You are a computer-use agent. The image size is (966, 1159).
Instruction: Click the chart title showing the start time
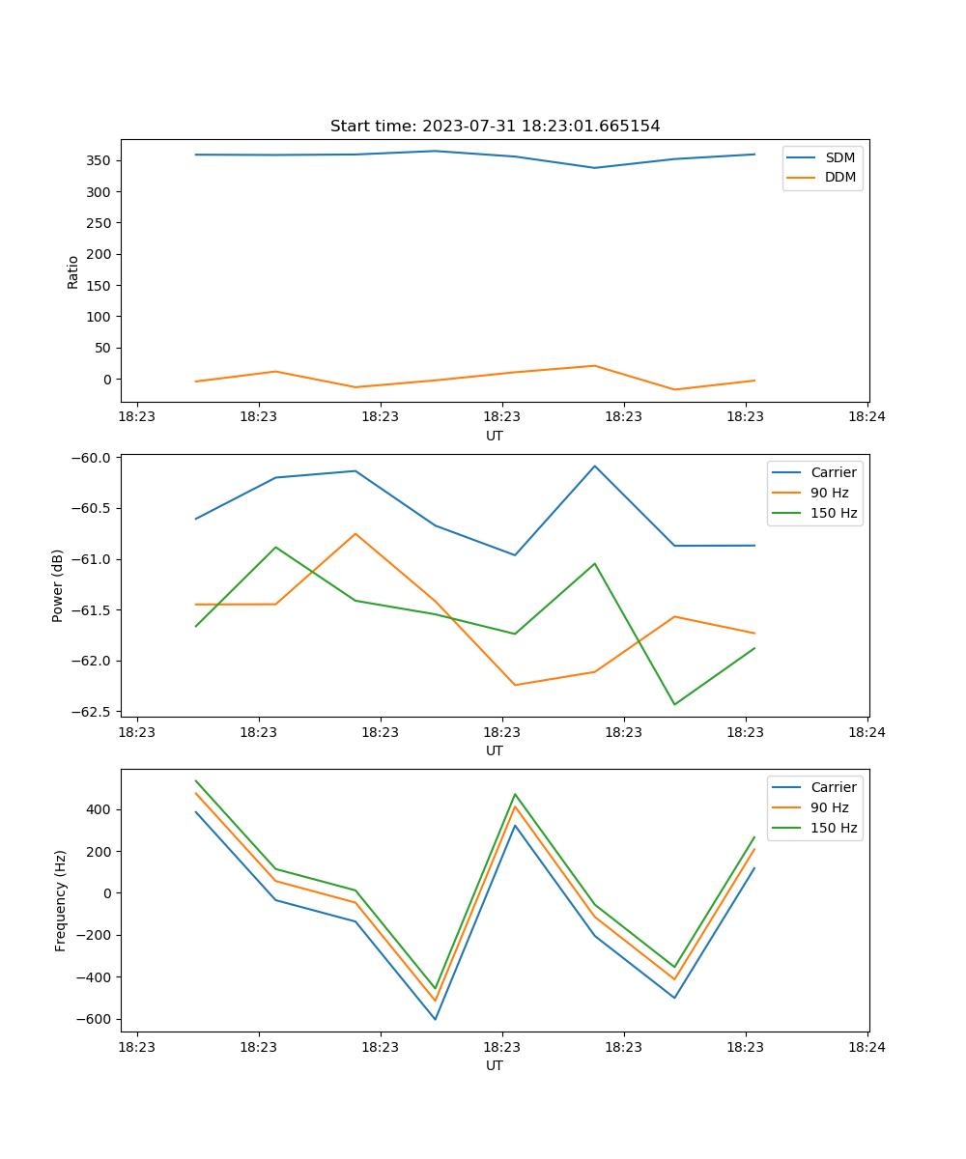(x=495, y=127)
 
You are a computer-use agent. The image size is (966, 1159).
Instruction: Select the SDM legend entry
(x=839, y=156)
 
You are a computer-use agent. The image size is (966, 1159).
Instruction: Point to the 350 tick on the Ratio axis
(x=99, y=160)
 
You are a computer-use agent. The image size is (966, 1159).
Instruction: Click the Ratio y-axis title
(x=73, y=271)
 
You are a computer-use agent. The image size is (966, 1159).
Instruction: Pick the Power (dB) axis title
(x=59, y=585)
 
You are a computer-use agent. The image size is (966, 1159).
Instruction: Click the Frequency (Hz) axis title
(x=61, y=900)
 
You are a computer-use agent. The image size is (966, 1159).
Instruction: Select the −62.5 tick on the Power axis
(x=93, y=712)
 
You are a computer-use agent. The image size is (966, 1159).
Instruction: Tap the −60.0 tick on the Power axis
(x=93, y=458)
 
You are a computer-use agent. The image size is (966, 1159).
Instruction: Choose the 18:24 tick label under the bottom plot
(x=867, y=1047)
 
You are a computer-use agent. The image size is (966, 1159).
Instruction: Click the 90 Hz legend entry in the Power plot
(x=829, y=493)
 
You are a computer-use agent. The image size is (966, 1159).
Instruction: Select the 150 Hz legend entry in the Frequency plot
(x=834, y=828)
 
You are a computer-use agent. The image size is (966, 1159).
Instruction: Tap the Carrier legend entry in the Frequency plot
(x=833, y=787)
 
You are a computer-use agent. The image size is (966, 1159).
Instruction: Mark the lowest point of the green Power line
(x=674, y=704)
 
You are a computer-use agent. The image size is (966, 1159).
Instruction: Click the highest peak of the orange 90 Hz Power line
(x=355, y=533)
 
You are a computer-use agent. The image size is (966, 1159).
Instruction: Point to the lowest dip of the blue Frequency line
(x=435, y=1019)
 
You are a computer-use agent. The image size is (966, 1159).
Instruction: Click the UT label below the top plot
(x=495, y=436)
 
